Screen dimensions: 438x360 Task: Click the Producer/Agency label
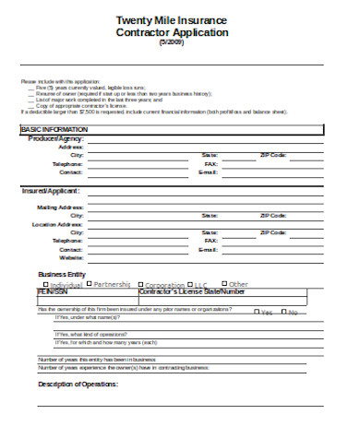56,138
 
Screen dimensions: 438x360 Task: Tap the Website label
71,257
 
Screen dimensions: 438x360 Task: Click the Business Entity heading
61,274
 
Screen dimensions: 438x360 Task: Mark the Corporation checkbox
141,285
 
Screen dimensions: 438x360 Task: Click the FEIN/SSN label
53,291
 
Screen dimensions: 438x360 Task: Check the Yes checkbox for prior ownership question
258,312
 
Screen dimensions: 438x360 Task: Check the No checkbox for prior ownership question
284,312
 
